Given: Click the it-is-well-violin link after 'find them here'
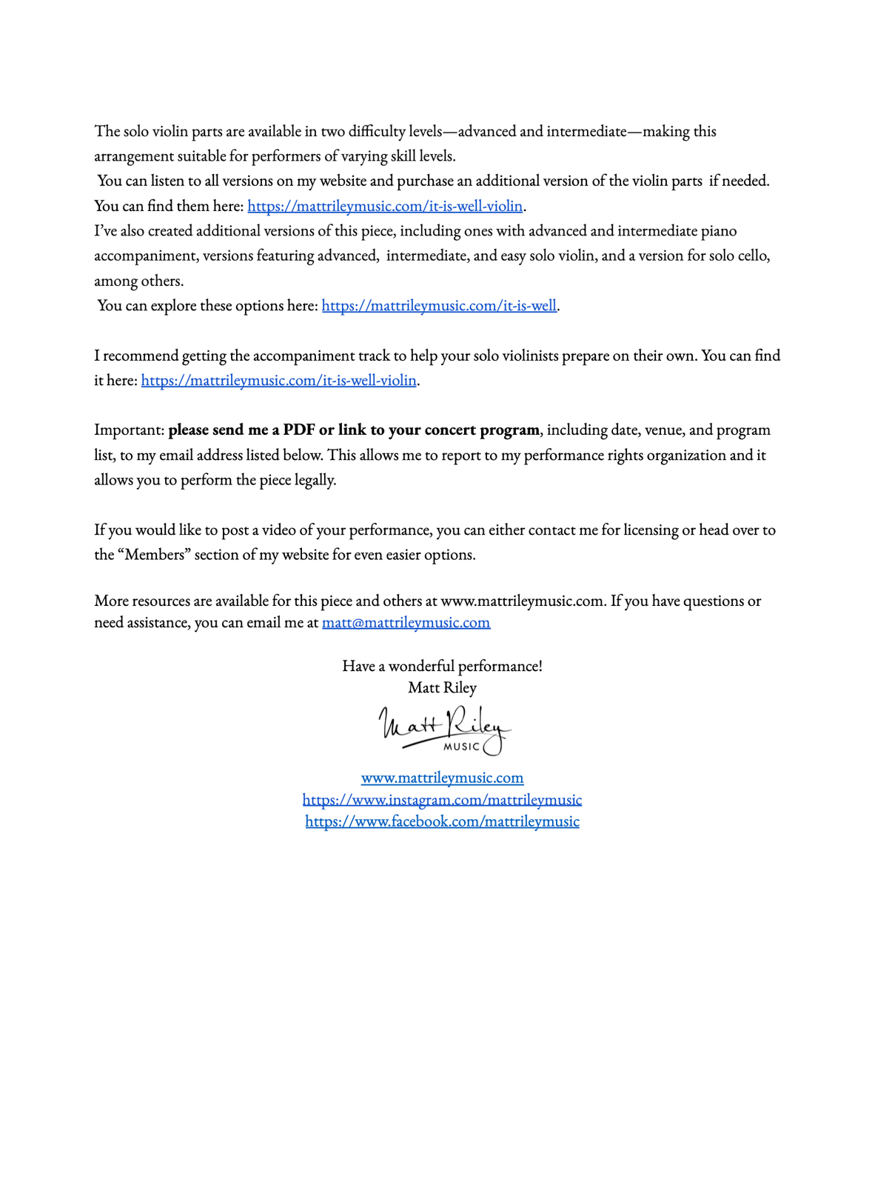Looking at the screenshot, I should (385, 206).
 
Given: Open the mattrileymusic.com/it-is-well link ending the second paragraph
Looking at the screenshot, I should (439, 306).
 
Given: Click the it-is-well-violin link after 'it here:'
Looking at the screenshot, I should (279, 381).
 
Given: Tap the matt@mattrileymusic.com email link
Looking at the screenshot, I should (406, 623).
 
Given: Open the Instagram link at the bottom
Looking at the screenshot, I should (442, 800).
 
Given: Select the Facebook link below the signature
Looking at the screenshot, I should (442, 821).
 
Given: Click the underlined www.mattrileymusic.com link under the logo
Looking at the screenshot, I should (442, 778).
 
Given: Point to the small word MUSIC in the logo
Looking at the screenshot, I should (461, 747).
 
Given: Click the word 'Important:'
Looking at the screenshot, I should (129, 430).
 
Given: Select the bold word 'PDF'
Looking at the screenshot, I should (299, 430).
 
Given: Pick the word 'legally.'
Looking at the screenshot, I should (315, 480).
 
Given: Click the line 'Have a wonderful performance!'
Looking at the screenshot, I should (442, 666).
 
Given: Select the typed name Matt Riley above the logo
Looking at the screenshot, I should (442, 687).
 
